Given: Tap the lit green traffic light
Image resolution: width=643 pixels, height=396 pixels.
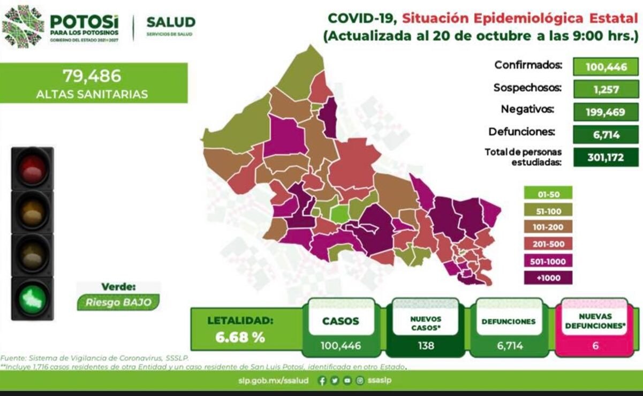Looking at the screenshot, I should click(x=33, y=298).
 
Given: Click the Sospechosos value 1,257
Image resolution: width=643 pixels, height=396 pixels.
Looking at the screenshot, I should click(x=605, y=89).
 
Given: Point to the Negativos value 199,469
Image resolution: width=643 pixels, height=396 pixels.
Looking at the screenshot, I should click(x=605, y=111).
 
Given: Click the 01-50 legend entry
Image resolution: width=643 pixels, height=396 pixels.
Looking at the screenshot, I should click(x=549, y=193).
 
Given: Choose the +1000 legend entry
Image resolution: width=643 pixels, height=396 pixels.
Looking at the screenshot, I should click(x=549, y=278).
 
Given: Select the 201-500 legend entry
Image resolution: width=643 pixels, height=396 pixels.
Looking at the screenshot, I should click(x=549, y=244).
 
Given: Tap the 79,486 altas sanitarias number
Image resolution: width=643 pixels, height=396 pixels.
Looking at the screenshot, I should click(x=92, y=76).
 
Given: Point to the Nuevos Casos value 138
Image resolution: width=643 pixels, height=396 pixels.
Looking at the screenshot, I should click(x=427, y=346).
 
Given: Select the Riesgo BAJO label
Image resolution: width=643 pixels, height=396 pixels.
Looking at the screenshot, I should click(x=118, y=302).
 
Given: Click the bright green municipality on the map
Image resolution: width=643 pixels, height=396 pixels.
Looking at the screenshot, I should click(x=338, y=214).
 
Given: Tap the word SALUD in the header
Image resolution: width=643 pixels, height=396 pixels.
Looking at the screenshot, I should click(x=171, y=22).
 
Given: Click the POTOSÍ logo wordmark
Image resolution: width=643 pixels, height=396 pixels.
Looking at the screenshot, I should click(x=84, y=21).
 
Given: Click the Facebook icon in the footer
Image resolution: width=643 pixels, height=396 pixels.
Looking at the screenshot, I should click(x=322, y=381).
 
